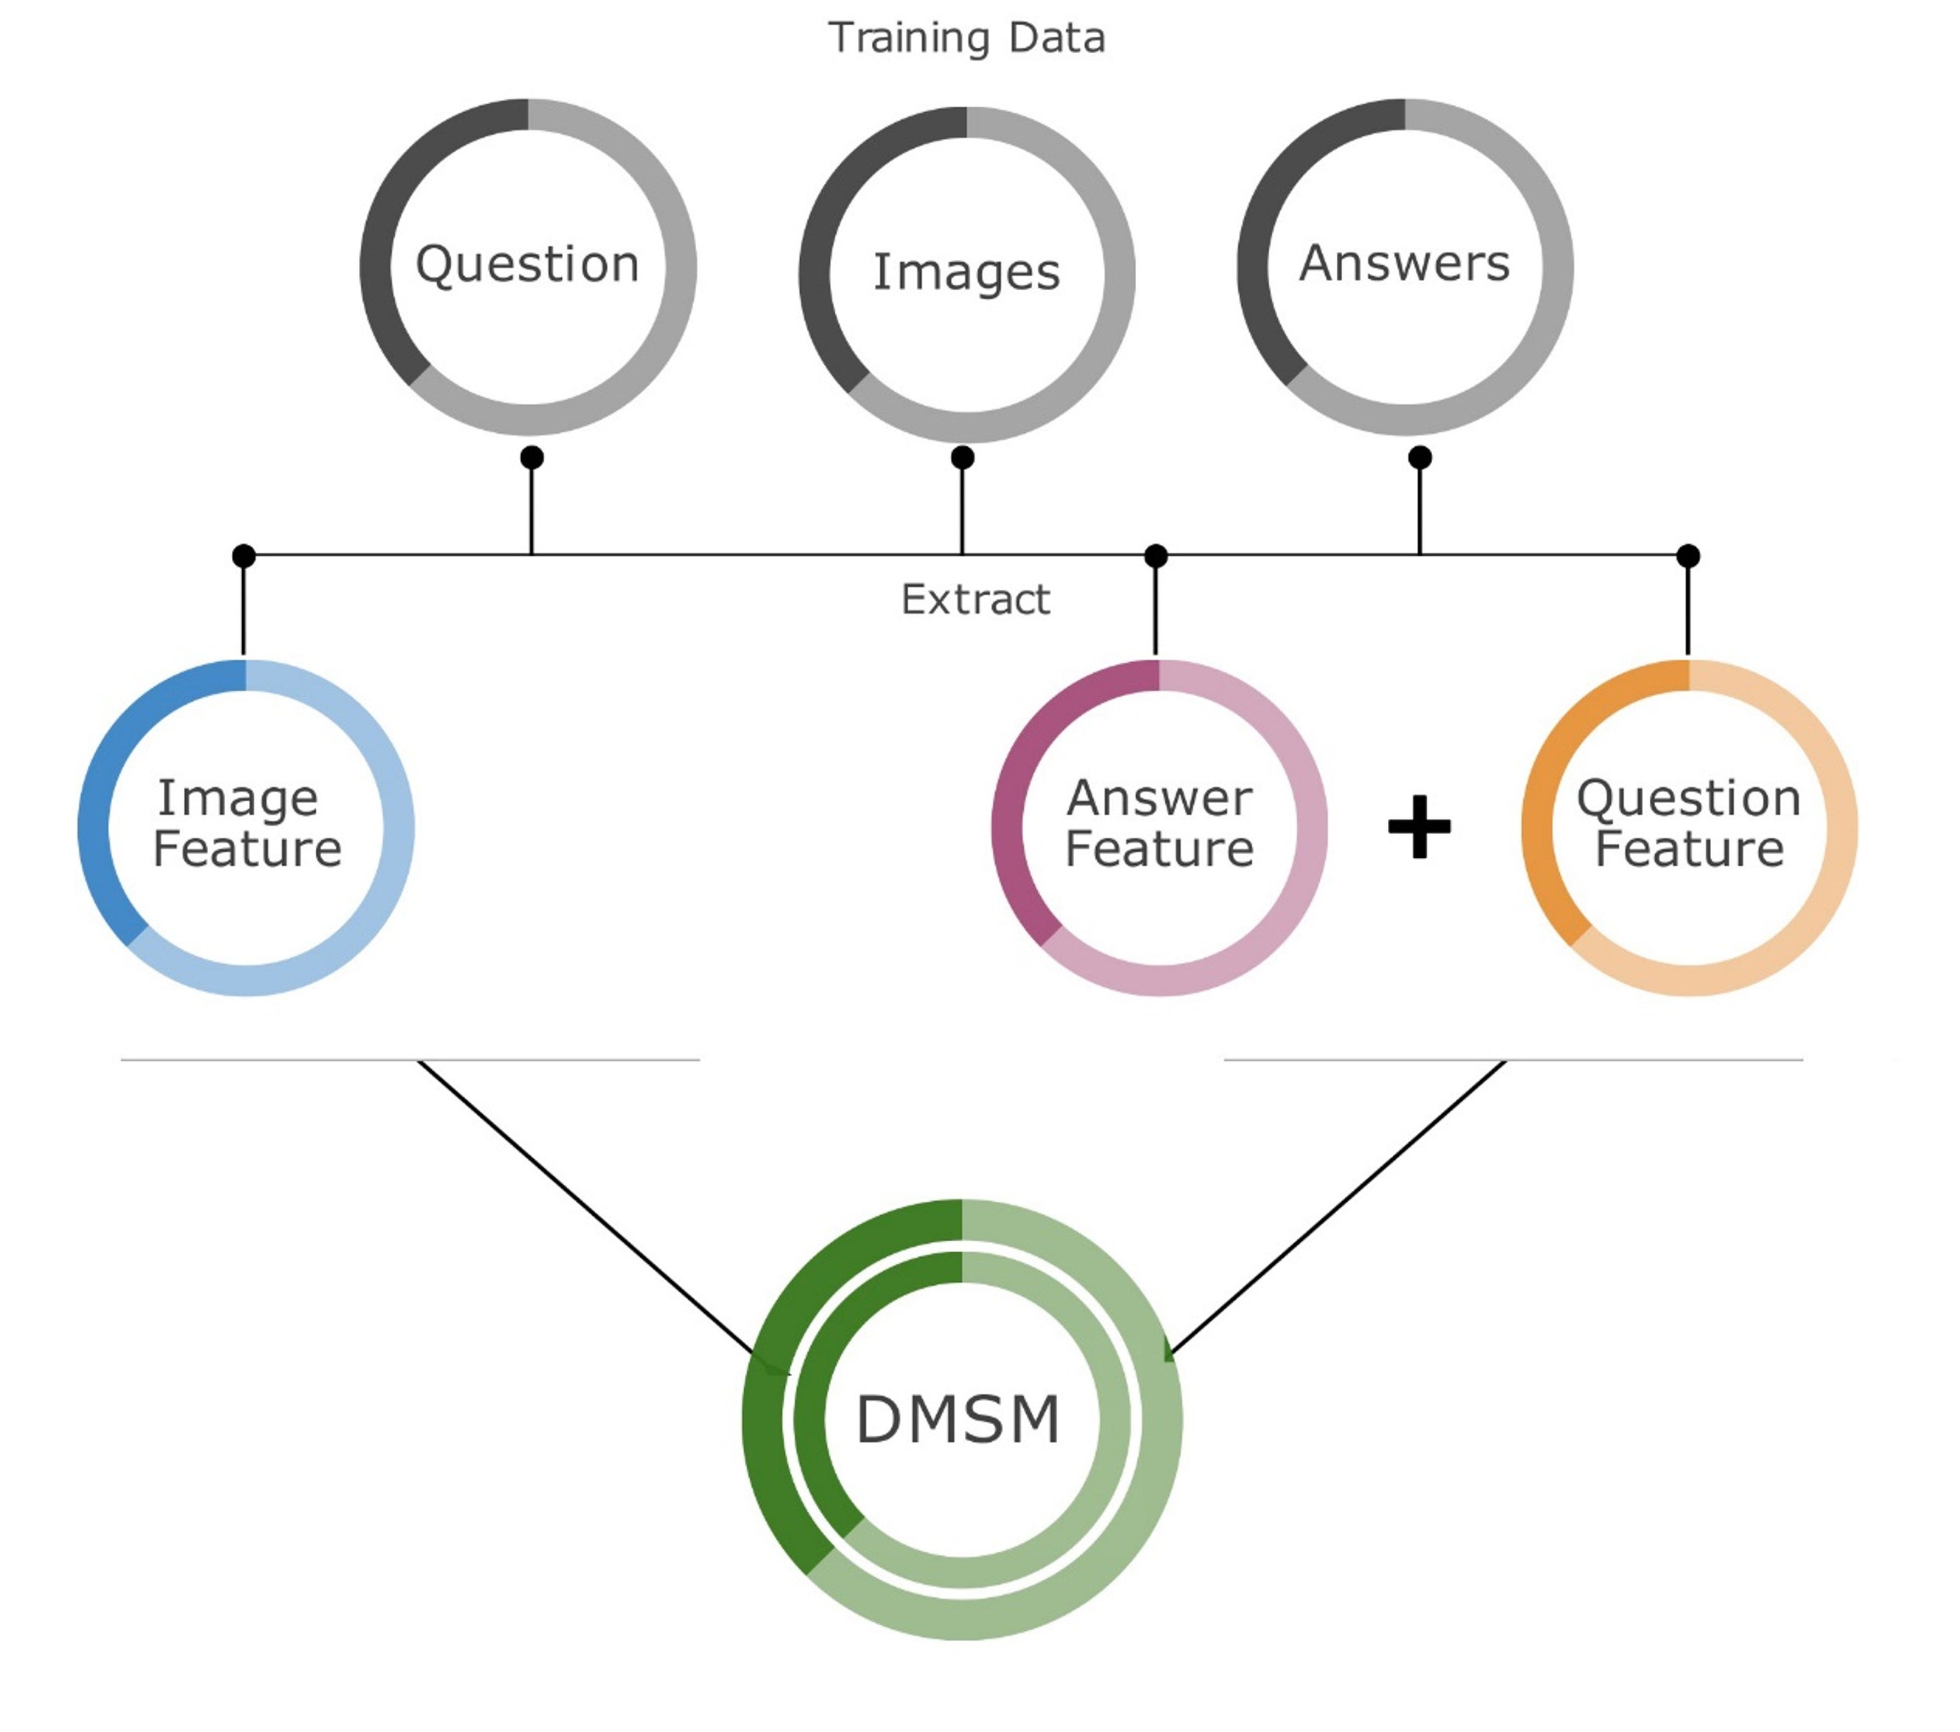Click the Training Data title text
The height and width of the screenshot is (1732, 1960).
pos(967,38)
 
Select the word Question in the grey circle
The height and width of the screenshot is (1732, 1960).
pos(527,265)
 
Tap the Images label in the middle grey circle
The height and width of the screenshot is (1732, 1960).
pos(967,272)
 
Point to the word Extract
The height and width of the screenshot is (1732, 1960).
pos(975,600)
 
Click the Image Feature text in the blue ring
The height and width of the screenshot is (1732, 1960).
pos(247,824)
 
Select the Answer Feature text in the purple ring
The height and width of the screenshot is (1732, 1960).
pos(1159,824)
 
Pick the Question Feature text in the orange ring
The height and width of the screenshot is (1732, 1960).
pos(1689,824)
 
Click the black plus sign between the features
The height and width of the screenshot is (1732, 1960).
pos(1419,826)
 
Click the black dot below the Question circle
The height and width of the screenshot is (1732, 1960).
pos(532,457)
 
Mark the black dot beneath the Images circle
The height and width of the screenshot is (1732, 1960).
pos(963,457)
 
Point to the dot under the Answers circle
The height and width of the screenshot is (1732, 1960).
pos(1420,457)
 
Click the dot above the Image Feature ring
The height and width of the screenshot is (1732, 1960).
pos(243,556)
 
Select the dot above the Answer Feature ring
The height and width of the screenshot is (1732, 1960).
pos(1156,556)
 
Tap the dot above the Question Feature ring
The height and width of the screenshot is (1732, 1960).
pos(1689,556)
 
